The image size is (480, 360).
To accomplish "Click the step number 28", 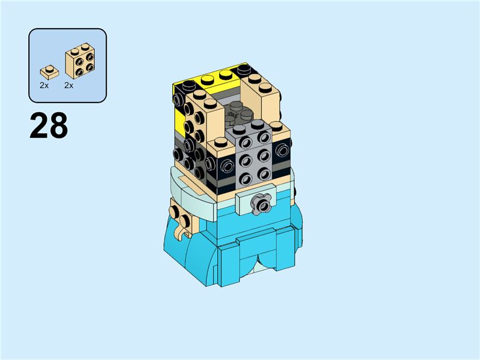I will (x=49, y=127).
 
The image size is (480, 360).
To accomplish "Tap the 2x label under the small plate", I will (x=44, y=86).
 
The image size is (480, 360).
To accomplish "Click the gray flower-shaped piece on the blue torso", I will (x=260, y=206).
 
